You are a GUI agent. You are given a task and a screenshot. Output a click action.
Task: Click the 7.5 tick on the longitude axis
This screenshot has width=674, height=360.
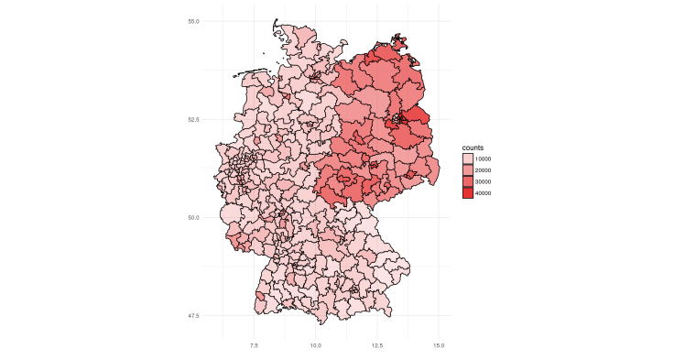click(x=254, y=345)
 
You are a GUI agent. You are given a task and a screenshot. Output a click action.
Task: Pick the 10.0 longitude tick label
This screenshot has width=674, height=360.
click(x=315, y=345)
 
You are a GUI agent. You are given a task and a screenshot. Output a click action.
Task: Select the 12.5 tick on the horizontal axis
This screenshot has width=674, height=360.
click(x=377, y=345)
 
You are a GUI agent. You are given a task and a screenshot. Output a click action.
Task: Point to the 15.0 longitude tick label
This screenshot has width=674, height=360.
click(x=439, y=345)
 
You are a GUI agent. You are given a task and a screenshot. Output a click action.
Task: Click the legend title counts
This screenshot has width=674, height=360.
click(x=473, y=147)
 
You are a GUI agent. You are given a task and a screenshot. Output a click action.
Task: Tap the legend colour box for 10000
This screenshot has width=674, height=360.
click(x=468, y=159)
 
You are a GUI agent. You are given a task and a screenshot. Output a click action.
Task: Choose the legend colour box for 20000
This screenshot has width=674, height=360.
click(x=468, y=170)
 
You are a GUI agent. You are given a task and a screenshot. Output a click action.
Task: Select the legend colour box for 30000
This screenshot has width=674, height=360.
click(x=468, y=182)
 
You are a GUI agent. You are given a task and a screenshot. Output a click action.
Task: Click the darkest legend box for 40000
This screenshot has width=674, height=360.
click(x=468, y=193)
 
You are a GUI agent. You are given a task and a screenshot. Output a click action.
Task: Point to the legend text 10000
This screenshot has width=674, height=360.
click(x=484, y=159)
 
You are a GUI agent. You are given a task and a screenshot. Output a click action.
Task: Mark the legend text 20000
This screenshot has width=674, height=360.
click(x=484, y=170)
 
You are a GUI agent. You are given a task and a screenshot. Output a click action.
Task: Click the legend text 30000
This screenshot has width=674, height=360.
click(x=484, y=182)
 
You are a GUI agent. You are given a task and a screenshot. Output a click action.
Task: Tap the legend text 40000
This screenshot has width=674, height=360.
click(x=484, y=193)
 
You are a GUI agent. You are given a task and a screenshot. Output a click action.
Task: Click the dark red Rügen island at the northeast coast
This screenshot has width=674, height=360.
click(x=398, y=40)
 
